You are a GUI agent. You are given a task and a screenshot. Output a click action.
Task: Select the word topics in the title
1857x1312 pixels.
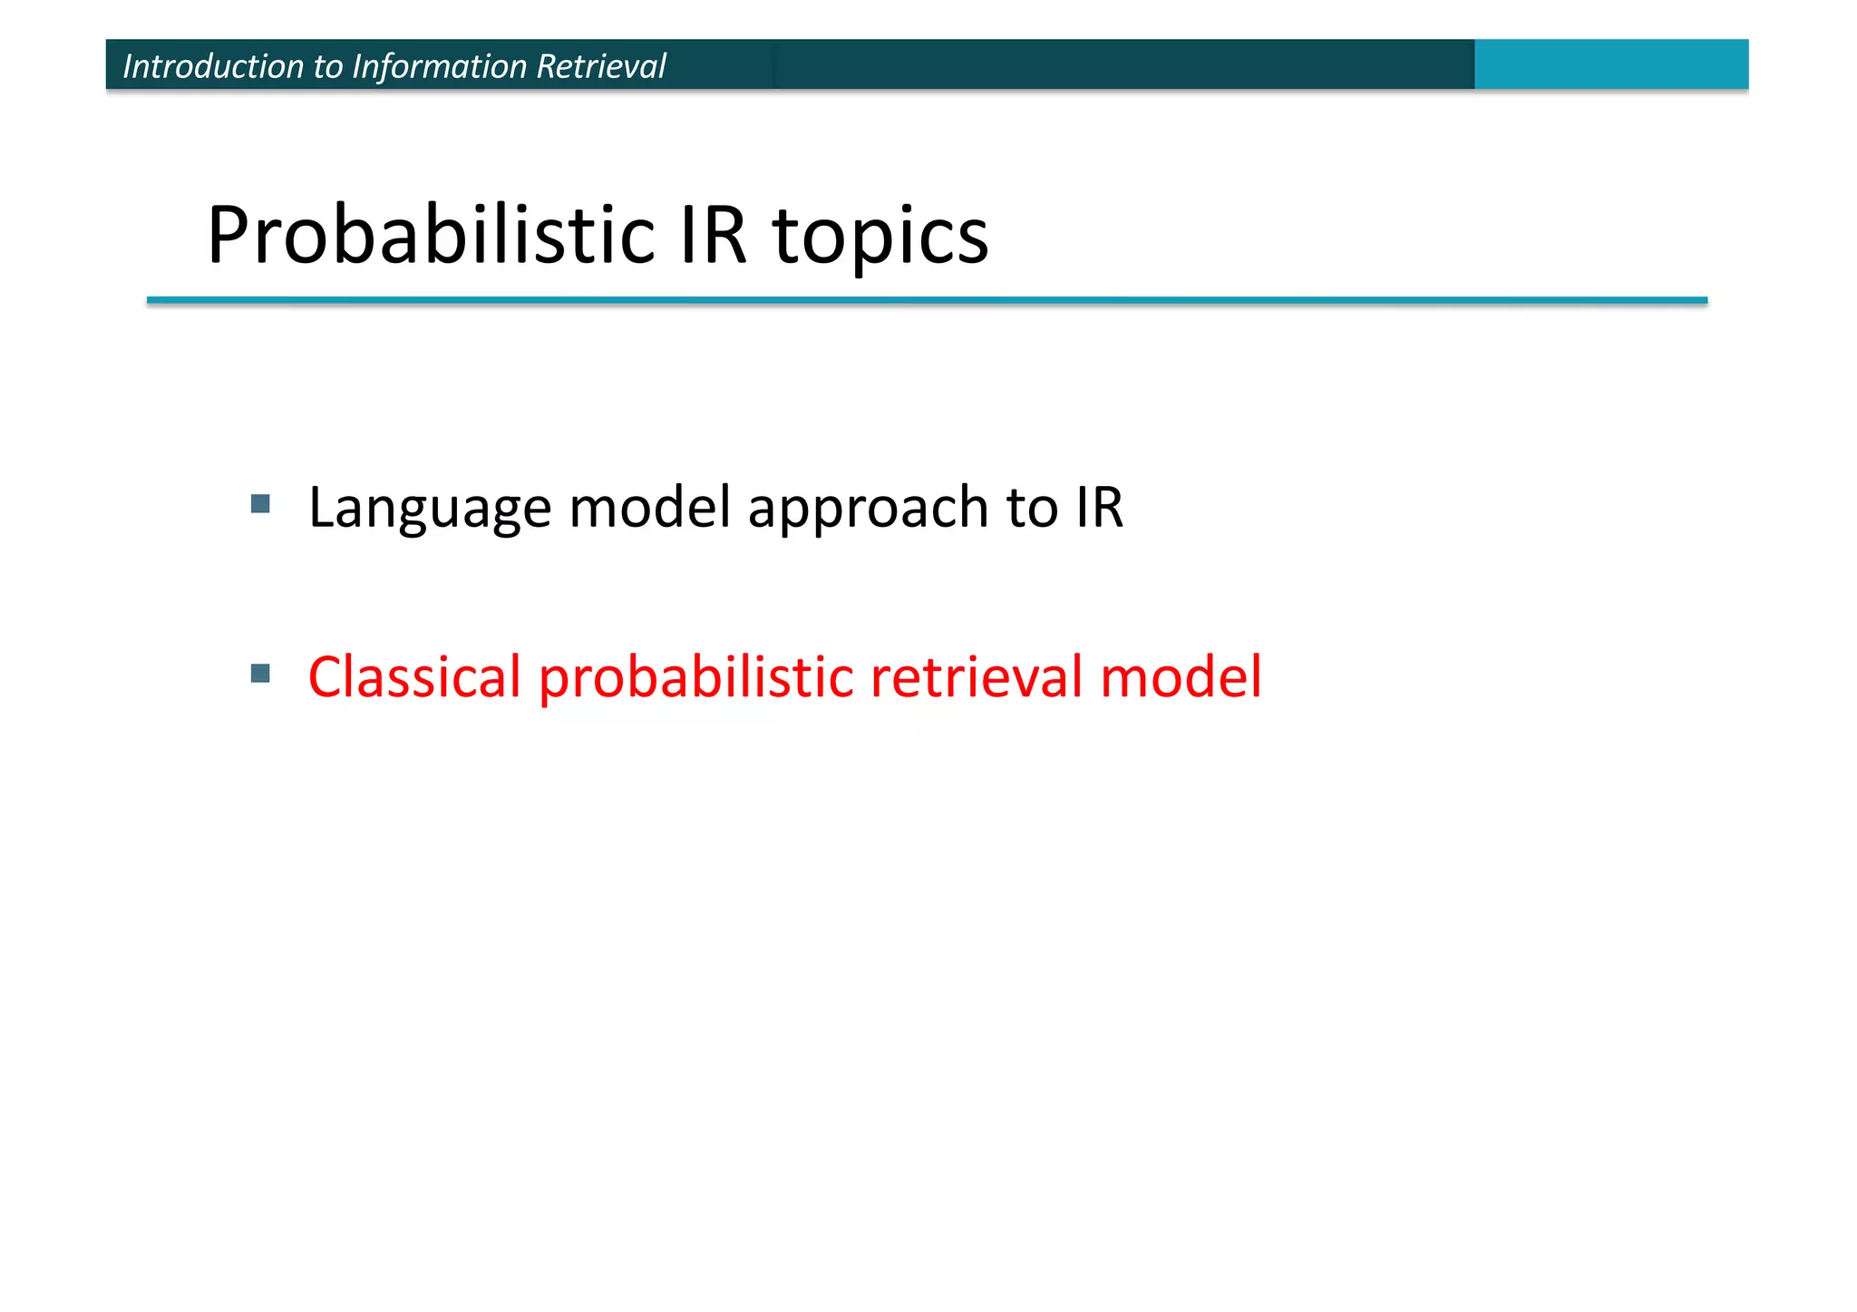coord(880,238)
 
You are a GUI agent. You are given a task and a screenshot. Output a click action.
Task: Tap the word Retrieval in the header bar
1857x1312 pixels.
coord(601,66)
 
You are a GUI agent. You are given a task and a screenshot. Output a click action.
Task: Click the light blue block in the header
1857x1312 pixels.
coord(1610,64)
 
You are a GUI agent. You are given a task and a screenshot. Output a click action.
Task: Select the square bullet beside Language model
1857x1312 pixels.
coord(260,504)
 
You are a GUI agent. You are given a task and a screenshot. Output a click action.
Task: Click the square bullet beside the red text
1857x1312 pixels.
coord(260,673)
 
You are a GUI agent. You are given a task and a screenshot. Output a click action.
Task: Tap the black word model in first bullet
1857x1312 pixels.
coord(649,507)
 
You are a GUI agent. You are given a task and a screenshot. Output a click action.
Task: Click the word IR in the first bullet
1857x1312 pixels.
coord(1099,507)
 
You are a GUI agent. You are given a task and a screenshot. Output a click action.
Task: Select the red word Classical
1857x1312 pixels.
coord(414,676)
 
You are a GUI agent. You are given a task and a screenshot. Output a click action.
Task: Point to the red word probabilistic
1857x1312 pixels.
coord(696,678)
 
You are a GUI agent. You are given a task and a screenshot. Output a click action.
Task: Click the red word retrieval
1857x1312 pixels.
coord(977,676)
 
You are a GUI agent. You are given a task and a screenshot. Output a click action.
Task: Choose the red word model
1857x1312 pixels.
coord(1180,676)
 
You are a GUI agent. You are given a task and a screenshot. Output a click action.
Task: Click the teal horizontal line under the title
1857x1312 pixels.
coord(927,300)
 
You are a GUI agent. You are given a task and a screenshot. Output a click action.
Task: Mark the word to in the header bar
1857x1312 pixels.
coord(328,67)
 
